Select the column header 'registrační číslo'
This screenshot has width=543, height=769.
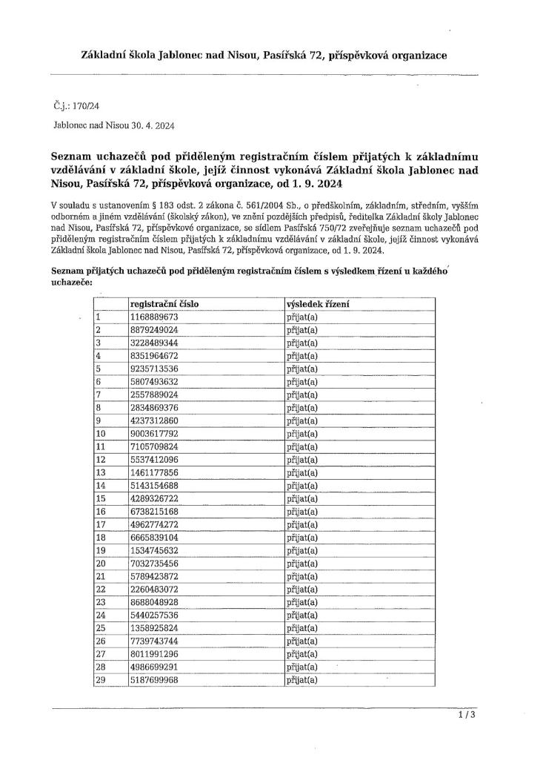click(x=164, y=304)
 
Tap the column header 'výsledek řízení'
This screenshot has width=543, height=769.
click(x=318, y=304)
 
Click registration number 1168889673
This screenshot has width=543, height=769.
click(x=154, y=317)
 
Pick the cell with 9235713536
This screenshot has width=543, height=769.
click(x=154, y=368)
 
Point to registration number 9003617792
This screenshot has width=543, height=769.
click(x=154, y=432)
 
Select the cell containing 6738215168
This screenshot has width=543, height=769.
click(x=154, y=510)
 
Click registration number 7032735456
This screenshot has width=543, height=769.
click(x=154, y=562)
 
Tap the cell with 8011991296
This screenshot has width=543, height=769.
click(x=154, y=653)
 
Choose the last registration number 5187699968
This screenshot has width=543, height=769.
click(x=154, y=679)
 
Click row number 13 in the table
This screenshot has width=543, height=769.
click(x=101, y=472)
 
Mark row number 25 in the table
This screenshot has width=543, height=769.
click(x=101, y=627)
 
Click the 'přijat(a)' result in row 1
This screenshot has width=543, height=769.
click(x=302, y=317)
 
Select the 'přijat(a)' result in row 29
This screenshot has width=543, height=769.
click(x=302, y=679)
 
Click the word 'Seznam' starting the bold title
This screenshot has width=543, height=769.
click(x=73, y=156)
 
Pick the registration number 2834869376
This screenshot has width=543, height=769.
click(x=154, y=406)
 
